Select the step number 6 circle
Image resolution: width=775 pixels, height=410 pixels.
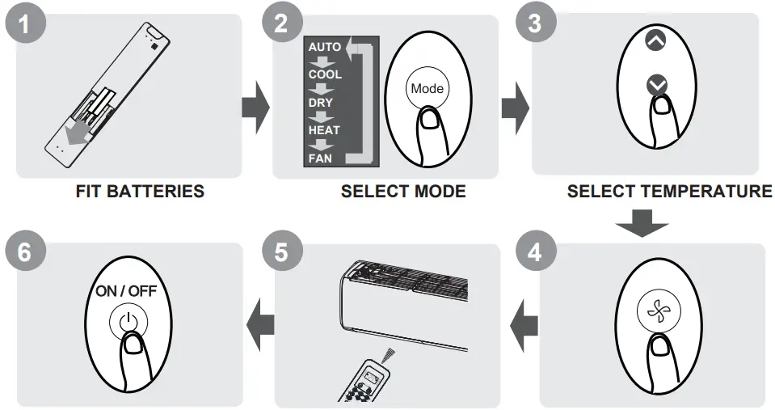(x=26, y=252)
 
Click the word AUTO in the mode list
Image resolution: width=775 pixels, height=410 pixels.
(x=324, y=47)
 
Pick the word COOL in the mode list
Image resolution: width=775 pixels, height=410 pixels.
(x=325, y=74)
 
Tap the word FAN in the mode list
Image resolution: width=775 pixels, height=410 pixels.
(x=320, y=159)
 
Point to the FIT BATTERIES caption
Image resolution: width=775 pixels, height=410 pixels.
(x=140, y=192)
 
